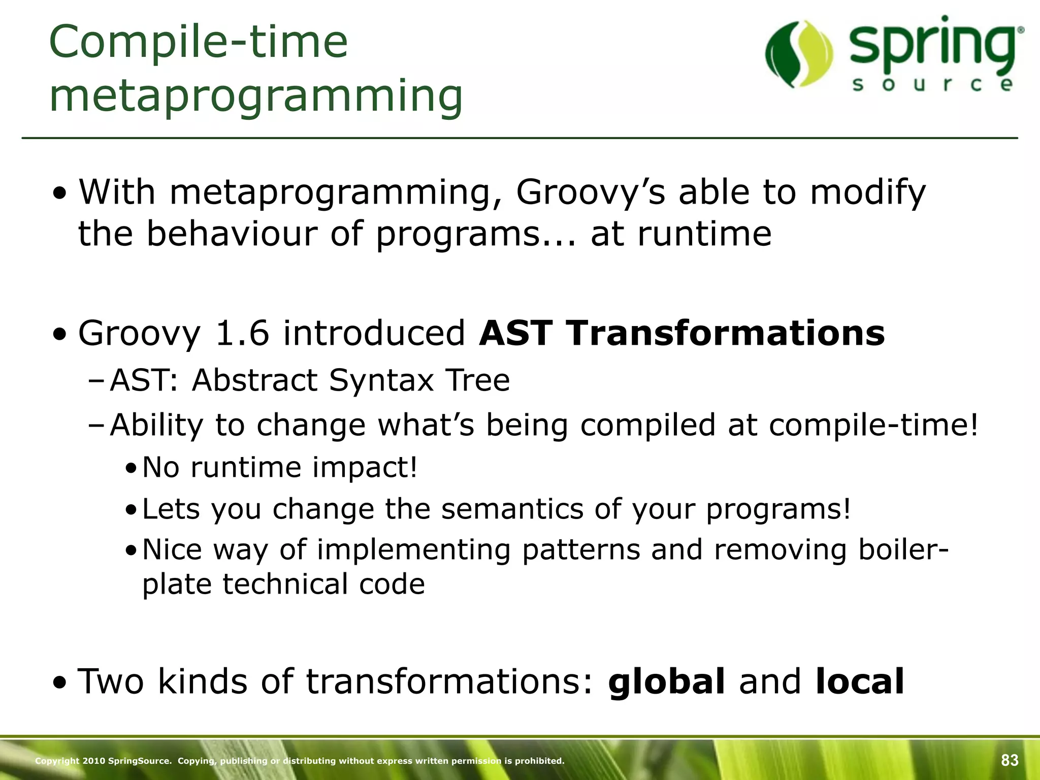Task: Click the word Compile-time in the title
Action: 199,43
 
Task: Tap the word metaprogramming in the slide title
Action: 256,96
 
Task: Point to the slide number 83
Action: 1010,760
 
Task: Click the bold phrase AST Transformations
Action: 682,334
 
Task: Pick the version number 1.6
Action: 242,334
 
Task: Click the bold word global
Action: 666,681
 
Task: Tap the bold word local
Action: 859,681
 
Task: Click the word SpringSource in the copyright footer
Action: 139,761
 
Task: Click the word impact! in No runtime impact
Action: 364,467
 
